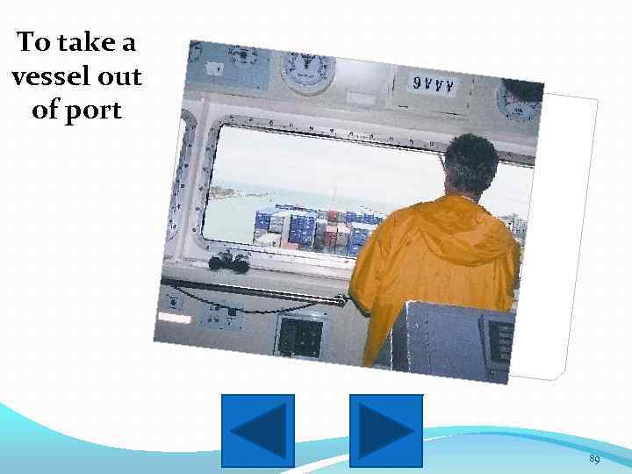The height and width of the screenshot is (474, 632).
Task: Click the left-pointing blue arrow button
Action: click(x=258, y=430)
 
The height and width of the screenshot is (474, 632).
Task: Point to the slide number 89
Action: click(x=594, y=460)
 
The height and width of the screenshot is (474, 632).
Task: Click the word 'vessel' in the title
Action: click(x=44, y=77)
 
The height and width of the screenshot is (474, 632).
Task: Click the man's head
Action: click(x=471, y=166)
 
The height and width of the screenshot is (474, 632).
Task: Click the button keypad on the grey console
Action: click(x=501, y=339)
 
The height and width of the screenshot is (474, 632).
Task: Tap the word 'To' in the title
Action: click(x=36, y=42)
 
